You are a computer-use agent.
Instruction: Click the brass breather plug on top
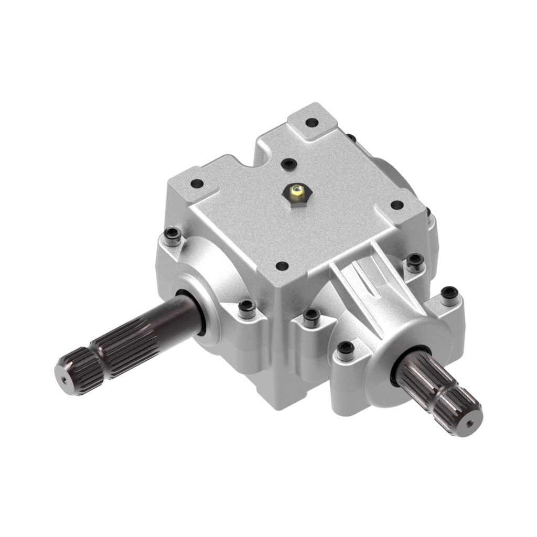coord(296,192)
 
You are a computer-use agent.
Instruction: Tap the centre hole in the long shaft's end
coord(63,377)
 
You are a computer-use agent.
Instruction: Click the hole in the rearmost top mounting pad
coord(313,123)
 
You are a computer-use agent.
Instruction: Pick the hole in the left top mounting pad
coord(197,184)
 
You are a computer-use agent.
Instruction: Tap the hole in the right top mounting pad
coord(397,205)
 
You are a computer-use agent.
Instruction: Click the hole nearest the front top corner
coord(282,266)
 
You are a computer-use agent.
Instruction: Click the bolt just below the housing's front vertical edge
coord(312,316)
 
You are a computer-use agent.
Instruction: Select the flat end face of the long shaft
coord(66,373)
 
